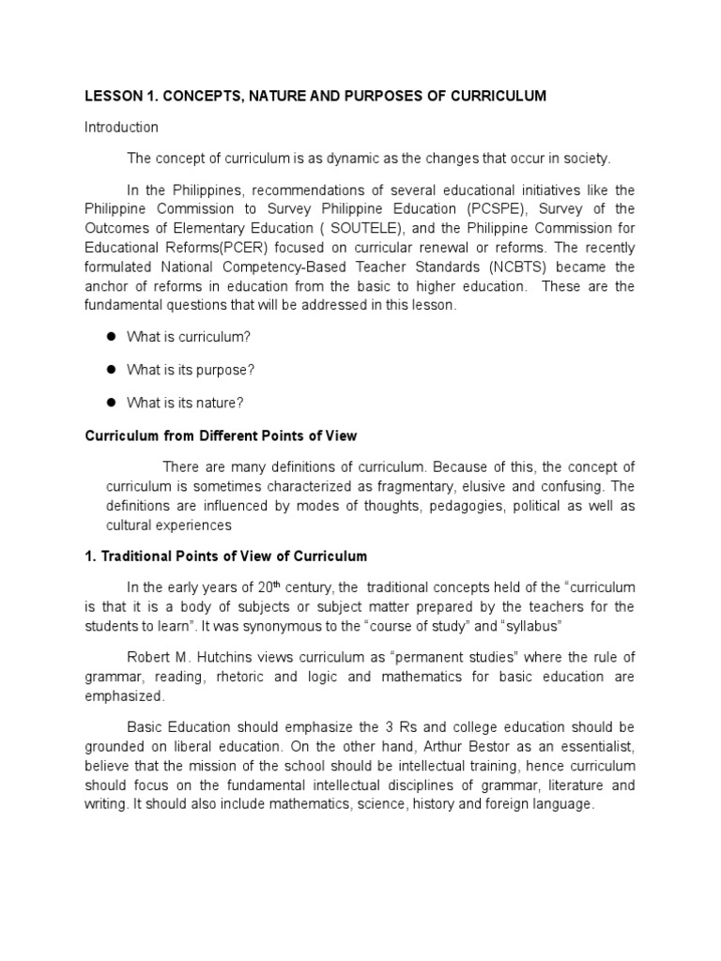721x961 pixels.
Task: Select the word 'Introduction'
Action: pos(122,127)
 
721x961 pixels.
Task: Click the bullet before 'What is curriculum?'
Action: pos(109,336)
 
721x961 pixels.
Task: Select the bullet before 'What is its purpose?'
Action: pos(109,370)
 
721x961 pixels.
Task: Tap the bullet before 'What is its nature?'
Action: pos(109,403)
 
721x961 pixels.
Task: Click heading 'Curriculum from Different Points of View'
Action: pos(222,436)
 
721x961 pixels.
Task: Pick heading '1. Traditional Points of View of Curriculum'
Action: pos(226,557)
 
